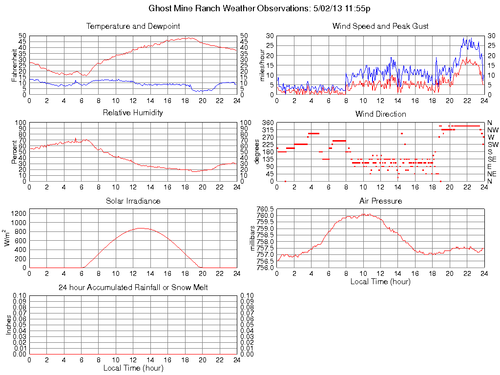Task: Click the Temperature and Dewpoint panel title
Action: (133, 26)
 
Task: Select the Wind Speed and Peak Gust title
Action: (380, 26)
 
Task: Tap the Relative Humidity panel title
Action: (133, 113)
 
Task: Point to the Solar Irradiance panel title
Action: (133, 201)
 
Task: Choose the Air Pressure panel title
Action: (380, 201)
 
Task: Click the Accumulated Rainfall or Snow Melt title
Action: (133, 288)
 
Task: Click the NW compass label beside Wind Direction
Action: (492, 130)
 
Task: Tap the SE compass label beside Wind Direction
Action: (492, 159)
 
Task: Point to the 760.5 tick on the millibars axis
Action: (267, 209)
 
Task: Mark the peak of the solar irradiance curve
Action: (141, 228)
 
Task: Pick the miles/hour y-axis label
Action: (262, 65)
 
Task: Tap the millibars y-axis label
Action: (253, 238)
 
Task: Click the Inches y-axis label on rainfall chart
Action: (8, 325)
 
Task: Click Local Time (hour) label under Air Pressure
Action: (380, 281)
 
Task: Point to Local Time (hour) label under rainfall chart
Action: (133, 368)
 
